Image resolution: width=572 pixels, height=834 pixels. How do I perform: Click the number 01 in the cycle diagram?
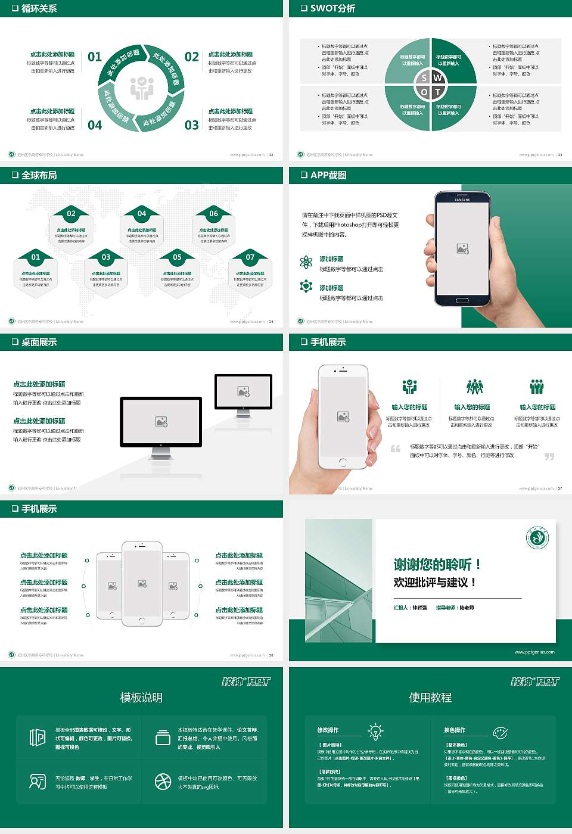pos(95,57)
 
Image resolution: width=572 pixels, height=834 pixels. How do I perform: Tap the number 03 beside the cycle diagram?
pos(191,125)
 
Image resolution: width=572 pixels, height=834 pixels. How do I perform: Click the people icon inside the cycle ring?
pos(142,88)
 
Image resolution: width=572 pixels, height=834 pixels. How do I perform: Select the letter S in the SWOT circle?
pos(424,78)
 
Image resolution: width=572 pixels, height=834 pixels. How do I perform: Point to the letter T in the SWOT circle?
pos(437,92)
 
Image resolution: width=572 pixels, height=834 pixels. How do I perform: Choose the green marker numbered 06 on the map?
pos(213,213)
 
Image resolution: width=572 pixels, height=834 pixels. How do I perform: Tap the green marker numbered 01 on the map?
pos(36,257)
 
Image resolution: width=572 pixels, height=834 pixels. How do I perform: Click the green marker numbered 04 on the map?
pos(142,213)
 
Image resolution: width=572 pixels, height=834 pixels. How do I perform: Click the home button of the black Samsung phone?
pos(462,300)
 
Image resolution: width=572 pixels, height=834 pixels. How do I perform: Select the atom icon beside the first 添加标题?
pos(306,262)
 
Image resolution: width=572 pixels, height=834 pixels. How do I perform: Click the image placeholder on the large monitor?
pos(161,422)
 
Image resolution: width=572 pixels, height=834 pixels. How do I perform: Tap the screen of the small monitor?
pos(243,391)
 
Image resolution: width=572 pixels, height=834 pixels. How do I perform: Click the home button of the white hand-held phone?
pos(342,462)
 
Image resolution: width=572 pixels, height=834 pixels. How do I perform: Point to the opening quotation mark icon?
pos(395,449)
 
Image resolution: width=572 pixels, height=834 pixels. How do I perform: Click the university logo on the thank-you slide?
pos(537,538)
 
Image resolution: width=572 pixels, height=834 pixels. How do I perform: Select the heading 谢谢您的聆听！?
pos(437,564)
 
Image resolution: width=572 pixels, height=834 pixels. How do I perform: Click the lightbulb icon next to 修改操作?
pos(375,731)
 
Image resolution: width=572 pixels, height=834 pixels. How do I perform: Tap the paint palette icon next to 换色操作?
pos(500,732)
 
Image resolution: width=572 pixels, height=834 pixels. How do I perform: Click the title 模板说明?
pos(141,698)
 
